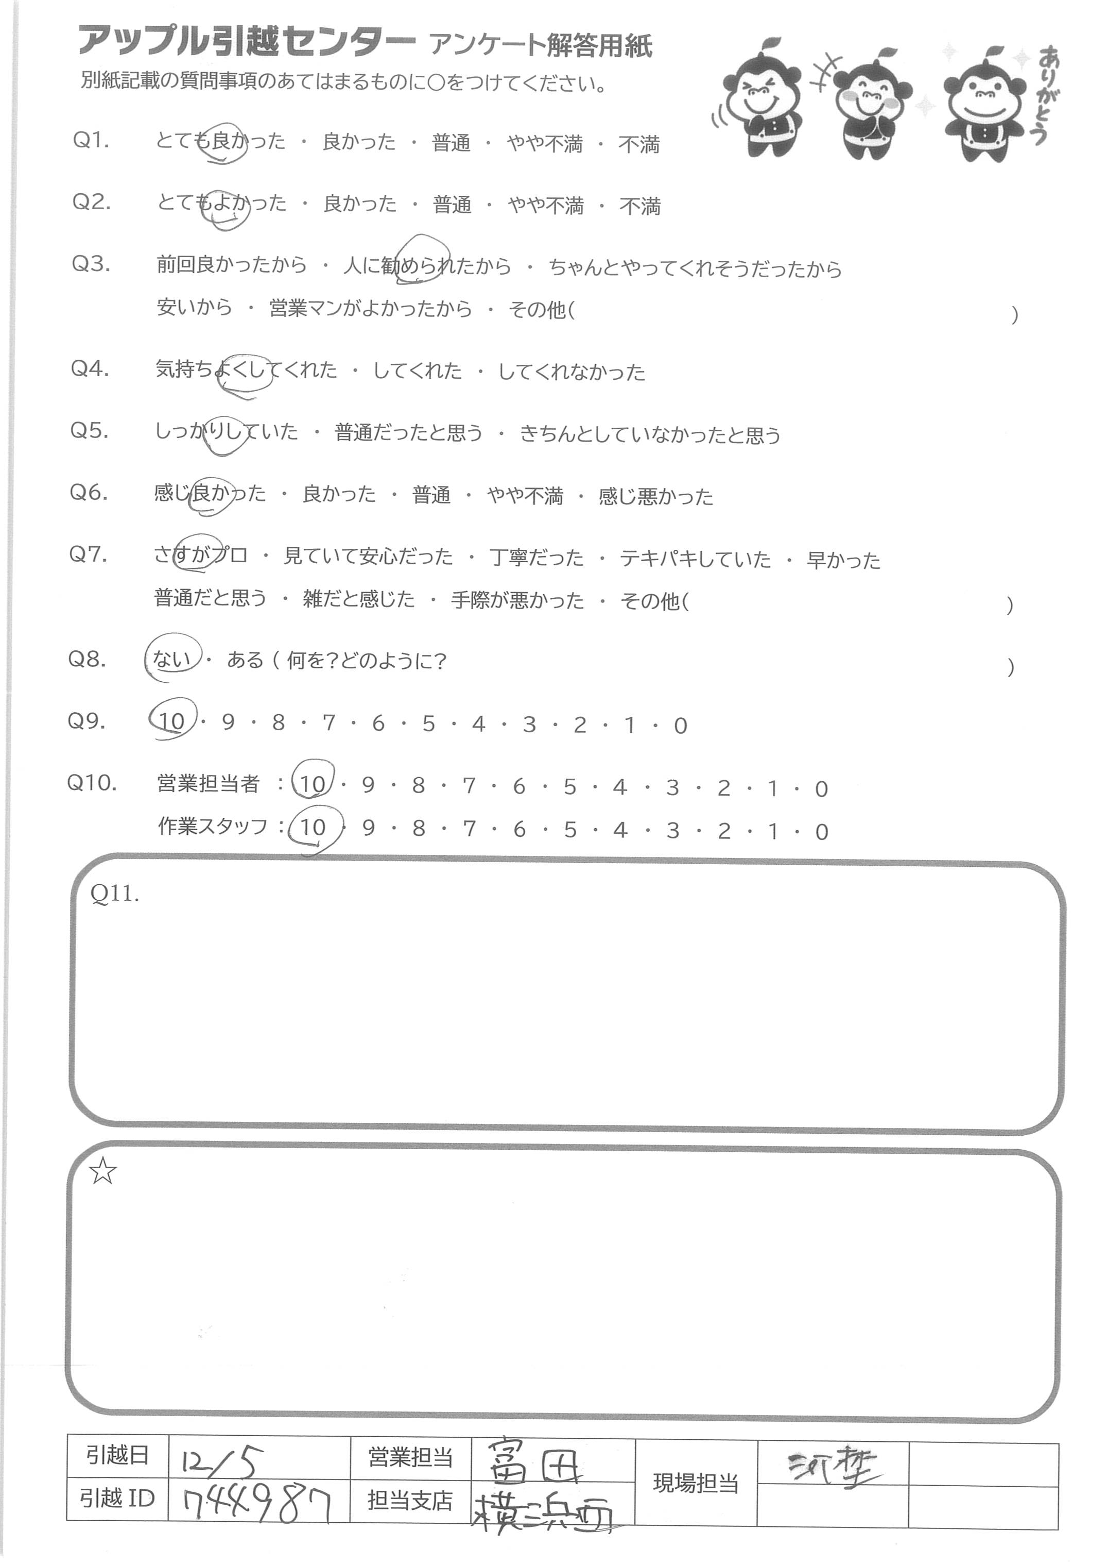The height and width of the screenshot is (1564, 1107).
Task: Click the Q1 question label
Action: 91,141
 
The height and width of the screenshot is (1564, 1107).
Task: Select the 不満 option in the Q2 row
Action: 639,206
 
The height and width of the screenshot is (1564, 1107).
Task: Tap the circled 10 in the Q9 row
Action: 172,721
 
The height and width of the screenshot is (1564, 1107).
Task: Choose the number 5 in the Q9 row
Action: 428,724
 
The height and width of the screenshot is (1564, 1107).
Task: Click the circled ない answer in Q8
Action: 172,659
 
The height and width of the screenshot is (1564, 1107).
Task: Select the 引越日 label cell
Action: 117,1457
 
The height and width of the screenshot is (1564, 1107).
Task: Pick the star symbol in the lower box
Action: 103,1172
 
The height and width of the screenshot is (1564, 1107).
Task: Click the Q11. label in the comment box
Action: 114,894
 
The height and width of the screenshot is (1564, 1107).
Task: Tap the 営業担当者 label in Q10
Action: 208,784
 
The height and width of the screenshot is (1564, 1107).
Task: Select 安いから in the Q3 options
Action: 194,308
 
